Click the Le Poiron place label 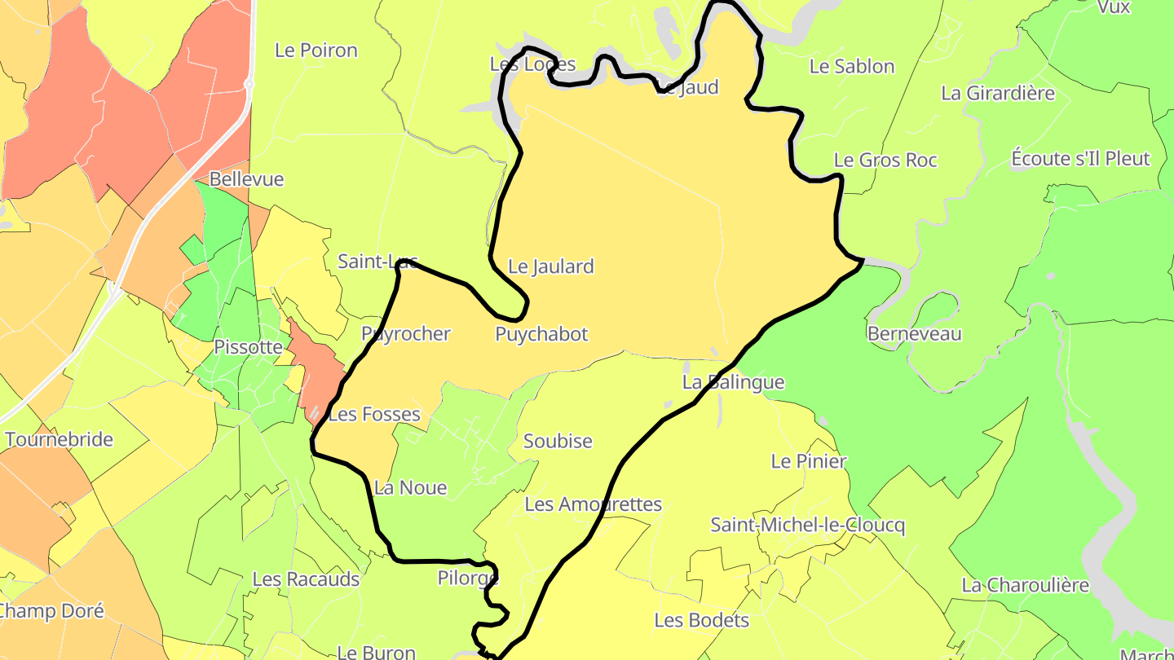(x=316, y=51)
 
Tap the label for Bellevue (x=246, y=179)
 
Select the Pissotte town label (x=248, y=347)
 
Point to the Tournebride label (x=59, y=440)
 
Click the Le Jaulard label (x=551, y=266)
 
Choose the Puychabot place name (x=541, y=334)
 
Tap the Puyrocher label (x=406, y=334)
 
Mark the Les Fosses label (x=374, y=415)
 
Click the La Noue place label (x=410, y=488)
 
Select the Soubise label (x=558, y=442)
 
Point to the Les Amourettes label (x=594, y=504)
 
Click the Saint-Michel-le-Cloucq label (x=807, y=525)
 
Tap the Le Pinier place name (x=809, y=461)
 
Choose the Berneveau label (x=915, y=334)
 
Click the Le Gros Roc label (x=885, y=161)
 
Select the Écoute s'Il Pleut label (x=1080, y=158)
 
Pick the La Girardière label (x=998, y=93)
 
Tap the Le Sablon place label (x=852, y=67)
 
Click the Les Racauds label (x=306, y=579)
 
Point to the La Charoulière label (x=1026, y=585)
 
